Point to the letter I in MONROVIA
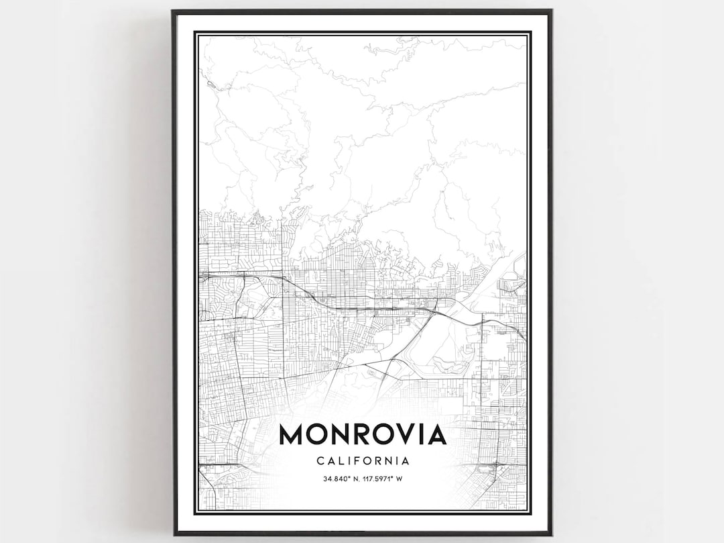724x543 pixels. coord(421,435)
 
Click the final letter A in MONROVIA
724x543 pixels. coord(436,435)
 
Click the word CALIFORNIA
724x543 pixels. coord(363,461)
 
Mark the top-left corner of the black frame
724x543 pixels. coord(173,11)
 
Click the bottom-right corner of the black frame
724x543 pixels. coord(551,534)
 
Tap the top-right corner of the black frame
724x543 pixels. coord(551,11)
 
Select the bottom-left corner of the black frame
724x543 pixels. coord(174,534)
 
